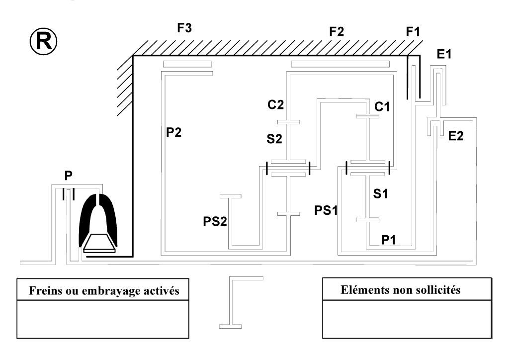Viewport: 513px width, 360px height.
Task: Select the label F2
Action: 337,32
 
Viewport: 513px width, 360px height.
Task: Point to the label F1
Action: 413,32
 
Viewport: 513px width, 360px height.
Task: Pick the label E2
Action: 455,135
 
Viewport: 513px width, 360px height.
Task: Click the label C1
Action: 382,106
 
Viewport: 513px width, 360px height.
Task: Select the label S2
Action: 274,139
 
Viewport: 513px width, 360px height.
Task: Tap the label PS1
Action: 326,209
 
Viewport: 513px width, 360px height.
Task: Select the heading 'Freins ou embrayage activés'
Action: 98,291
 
